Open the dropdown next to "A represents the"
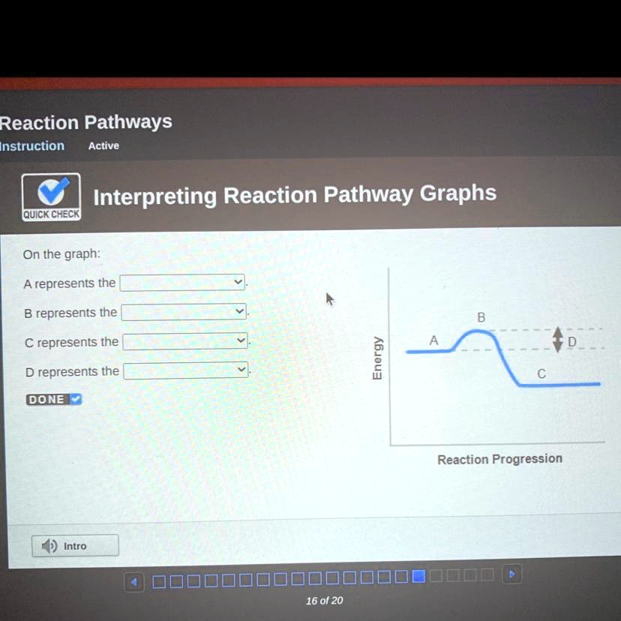(183, 283)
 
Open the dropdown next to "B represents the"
(184, 311)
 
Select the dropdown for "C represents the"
(185, 341)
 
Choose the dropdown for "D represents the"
(185, 370)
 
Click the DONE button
(54, 400)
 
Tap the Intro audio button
(74, 545)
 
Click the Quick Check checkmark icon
(51, 193)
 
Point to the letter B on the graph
(481, 318)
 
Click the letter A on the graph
(433, 340)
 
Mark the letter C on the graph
(541, 373)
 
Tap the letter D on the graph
(572, 342)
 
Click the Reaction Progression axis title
(499, 459)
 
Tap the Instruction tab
(31, 145)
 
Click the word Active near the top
(103, 145)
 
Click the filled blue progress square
(418, 576)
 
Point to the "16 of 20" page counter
(324, 600)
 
